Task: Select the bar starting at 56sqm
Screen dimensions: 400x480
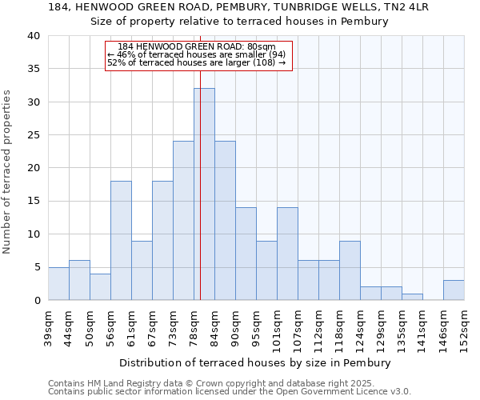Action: click(x=121, y=240)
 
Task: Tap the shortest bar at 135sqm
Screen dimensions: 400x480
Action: click(x=412, y=297)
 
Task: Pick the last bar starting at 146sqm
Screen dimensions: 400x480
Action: click(x=454, y=290)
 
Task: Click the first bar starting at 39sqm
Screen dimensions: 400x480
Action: click(x=58, y=284)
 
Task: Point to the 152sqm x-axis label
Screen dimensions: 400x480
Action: click(x=465, y=329)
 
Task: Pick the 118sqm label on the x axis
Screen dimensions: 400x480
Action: click(x=340, y=329)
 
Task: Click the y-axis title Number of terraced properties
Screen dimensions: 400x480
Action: click(x=8, y=172)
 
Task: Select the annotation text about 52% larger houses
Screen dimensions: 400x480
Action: click(x=196, y=62)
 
